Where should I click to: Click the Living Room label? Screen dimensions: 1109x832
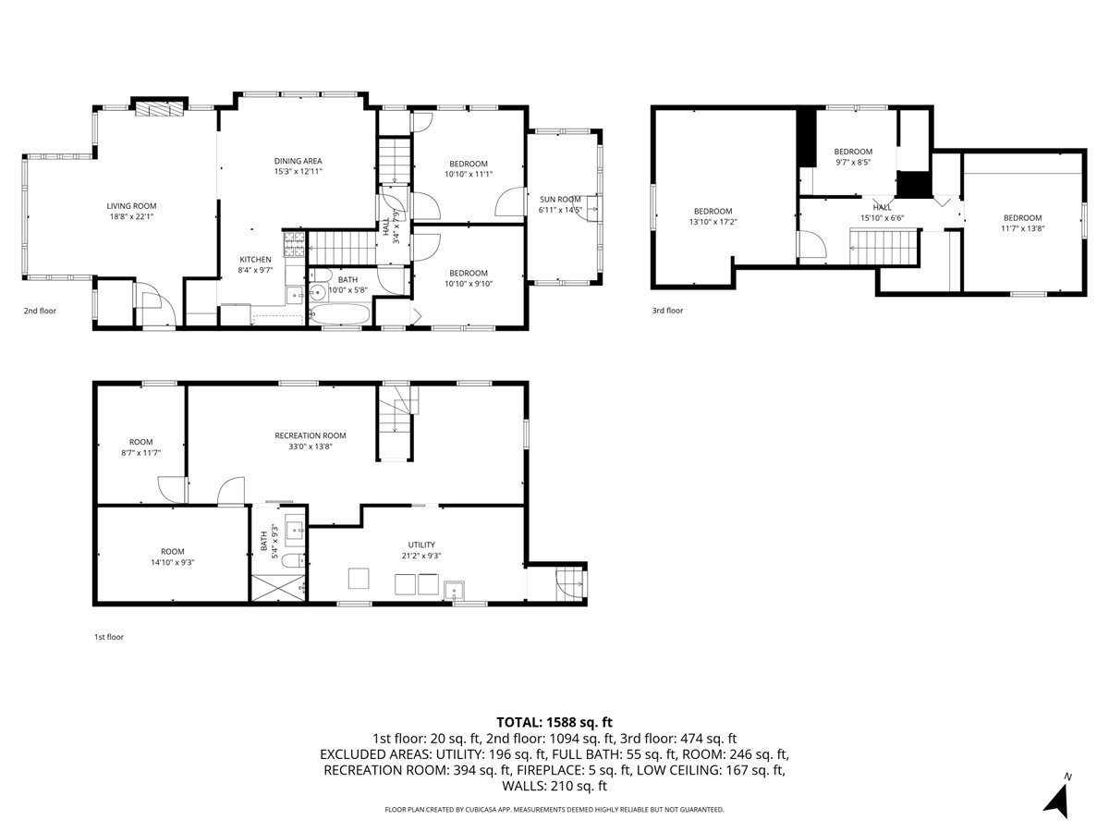131,205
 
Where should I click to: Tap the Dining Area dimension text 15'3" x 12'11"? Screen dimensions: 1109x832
299,171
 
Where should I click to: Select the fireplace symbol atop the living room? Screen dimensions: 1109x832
159,109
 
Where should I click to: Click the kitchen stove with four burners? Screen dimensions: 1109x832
294,244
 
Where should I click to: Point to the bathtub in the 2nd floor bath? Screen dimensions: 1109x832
339,313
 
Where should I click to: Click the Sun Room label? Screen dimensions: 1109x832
560,199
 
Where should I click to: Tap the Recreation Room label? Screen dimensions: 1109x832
311,435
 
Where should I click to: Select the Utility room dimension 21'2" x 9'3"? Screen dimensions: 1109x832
421,556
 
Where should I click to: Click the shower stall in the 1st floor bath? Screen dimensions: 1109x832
278,588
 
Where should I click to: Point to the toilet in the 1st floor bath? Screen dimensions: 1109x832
293,559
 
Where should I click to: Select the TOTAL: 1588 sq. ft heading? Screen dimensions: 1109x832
554,722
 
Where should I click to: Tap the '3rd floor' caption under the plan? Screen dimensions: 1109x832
667,311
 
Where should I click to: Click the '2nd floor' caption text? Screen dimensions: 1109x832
40,311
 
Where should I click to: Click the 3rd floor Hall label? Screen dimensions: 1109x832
883,207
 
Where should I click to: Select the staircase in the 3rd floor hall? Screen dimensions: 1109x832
884,248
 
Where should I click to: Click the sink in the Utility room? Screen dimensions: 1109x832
454,590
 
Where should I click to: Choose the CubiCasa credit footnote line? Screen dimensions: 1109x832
554,809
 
